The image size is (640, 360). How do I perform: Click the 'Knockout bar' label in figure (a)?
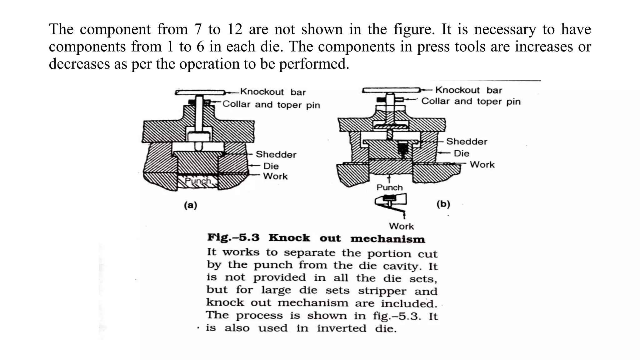(x=273, y=92)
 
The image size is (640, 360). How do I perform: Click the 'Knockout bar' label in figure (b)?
(x=468, y=90)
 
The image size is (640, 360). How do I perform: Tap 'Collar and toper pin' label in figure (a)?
(x=271, y=104)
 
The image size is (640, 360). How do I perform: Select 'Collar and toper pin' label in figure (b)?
(x=471, y=101)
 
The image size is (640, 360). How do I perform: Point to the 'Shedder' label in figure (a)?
(x=276, y=154)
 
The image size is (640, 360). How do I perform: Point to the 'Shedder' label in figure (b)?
(x=467, y=142)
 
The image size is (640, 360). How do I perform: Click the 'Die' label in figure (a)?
(x=271, y=166)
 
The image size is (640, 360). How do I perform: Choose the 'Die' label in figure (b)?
(x=461, y=153)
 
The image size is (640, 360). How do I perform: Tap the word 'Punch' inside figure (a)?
(x=198, y=181)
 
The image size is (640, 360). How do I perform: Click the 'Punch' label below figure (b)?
(x=389, y=187)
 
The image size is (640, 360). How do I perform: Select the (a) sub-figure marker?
(x=190, y=205)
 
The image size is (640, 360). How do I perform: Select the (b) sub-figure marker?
(x=443, y=204)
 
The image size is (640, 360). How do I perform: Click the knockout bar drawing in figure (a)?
(x=200, y=92)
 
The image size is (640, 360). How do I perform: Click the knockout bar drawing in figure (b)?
(x=391, y=90)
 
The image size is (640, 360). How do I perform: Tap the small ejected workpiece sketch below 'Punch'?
(x=391, y=202)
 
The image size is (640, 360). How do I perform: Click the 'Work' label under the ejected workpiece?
(x=401, y=226)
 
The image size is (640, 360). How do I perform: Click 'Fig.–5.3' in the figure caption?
(x=233, y=237)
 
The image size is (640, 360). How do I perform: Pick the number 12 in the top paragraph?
(x=235, y=29)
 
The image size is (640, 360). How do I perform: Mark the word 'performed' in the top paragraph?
(x=313, y=64)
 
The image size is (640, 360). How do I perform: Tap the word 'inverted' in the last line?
(x=341, y=328)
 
